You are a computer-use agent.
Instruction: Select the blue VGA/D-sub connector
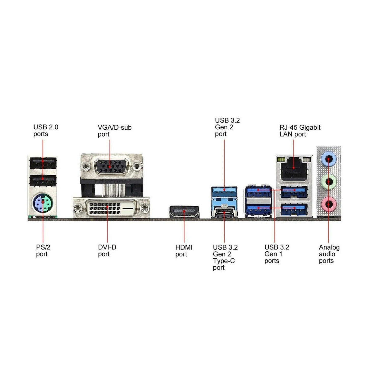(x=111, y=167)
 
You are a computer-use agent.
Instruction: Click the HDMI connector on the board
(x=184, y=212)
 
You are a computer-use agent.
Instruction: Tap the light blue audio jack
(x=329, y=160)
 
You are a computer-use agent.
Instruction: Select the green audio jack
(x=329, y=182)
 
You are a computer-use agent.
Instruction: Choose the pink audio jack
(x=329, y=204)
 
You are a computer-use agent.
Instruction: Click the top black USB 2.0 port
(x=43, y=163)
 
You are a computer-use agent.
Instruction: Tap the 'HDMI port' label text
(x=184, y=251)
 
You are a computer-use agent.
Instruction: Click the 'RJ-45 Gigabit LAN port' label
(x=300, y=131)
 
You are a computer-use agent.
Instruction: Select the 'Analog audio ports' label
(x=329, y=254)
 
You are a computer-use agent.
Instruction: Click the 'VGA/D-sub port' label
(x=114, y=131)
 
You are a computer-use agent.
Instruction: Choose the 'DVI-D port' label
(x=107, y=250)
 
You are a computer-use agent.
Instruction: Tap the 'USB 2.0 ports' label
(x=46, y=130)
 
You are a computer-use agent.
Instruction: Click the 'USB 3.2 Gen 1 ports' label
(x=277, y=254)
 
